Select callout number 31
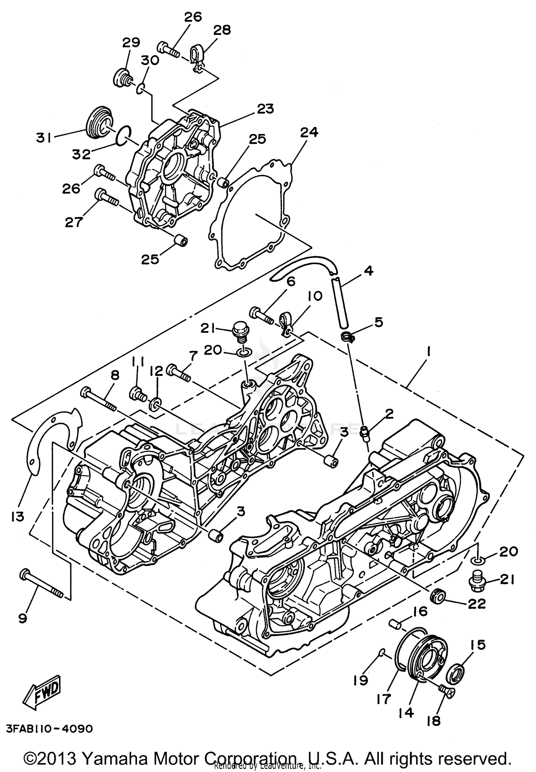pyautogui.click(x=44, y=138)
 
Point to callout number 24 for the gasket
pyautogui.click(x=309, y=133)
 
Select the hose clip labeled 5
pyautogui.click(x=347, y=336)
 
